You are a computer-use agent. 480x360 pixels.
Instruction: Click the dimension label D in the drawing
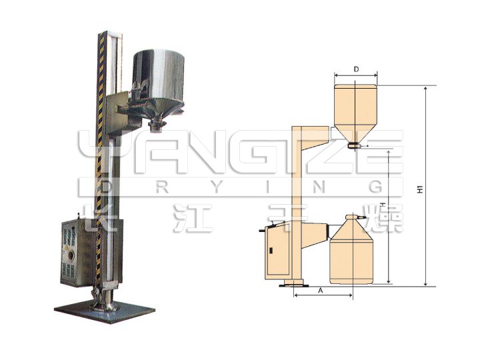coord(357,69)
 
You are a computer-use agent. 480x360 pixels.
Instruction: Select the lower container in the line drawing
coord(351,257)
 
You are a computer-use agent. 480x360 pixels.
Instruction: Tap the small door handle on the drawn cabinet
coord(271,251)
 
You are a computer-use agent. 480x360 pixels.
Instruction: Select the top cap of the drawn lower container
coord(351,217)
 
